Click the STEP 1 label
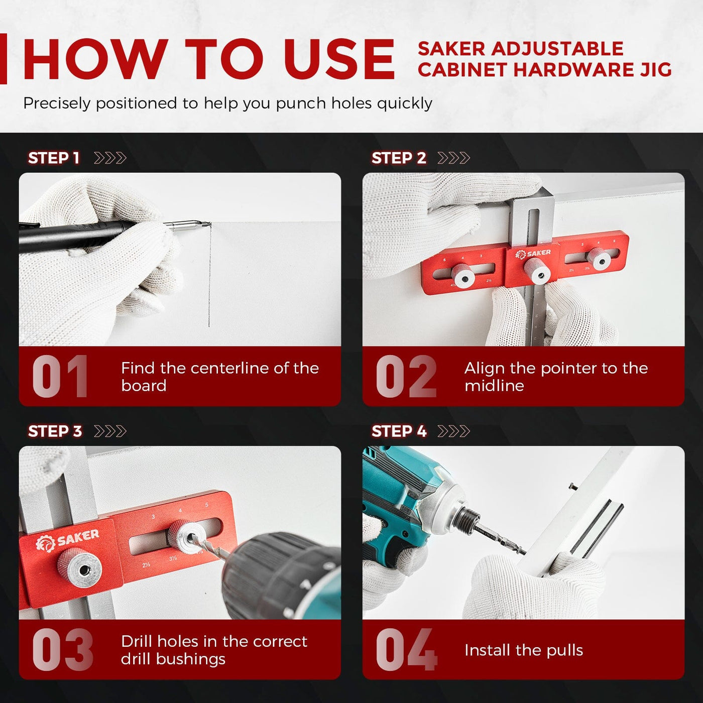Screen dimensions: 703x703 [x=54, y=158]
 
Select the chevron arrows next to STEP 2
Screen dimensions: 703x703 [x=454, y=158]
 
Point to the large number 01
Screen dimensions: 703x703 [x=60, y=377]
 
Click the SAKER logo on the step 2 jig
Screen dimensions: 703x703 [x=533, y=254]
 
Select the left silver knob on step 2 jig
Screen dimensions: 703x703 [x=463, y=275]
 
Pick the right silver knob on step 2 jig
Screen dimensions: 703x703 [x=599, y=258]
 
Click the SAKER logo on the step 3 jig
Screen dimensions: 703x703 [x=68, y=540]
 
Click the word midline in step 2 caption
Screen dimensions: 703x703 [x=494, y=386]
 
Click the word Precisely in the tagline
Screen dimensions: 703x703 [x=57, y=103]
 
